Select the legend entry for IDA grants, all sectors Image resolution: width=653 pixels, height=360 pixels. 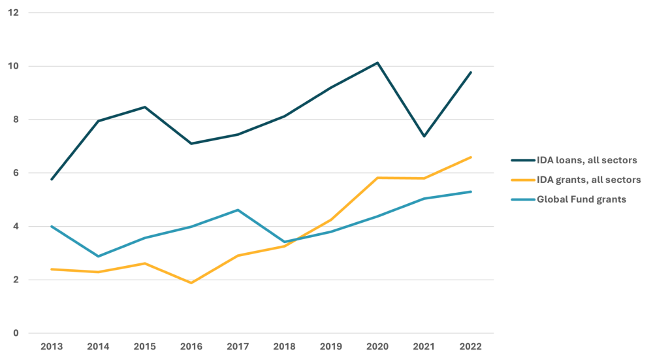coord(588,180)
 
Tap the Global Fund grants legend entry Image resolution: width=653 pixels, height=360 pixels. coord(581,199)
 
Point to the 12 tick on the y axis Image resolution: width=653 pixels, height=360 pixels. coord(14,13)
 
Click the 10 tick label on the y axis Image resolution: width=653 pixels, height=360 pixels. coord(14,67)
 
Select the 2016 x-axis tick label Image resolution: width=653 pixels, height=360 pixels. coord(191,346)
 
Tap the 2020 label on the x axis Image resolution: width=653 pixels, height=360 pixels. coord(377,346)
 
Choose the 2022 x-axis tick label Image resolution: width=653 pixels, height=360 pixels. coord(471,346)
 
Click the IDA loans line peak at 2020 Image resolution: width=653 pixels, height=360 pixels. coord(377,63)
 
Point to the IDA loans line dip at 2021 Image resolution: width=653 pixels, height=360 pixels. coord(424,137)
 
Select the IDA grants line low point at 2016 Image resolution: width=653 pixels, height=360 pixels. coord(191,283)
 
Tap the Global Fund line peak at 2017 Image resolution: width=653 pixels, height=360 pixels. coord(238,210)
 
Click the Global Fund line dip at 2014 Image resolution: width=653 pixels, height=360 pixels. coord(97,256)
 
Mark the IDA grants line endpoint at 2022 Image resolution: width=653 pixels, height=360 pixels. coord(471,157)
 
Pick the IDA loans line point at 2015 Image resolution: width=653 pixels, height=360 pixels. coord(144,106)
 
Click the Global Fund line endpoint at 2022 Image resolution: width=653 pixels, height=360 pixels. coord(471,191)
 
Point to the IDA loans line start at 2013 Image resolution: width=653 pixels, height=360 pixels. coord(51,180)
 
